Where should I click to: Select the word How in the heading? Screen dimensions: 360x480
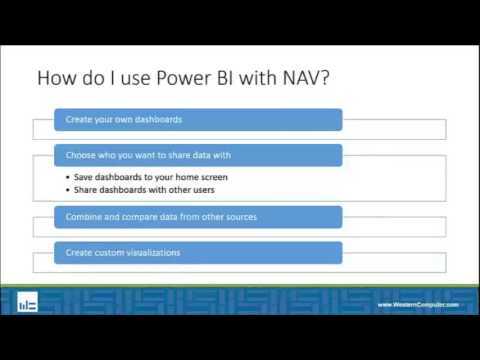click(x=56, y=79)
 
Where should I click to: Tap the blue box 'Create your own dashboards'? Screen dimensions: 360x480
click(x=197, y=120)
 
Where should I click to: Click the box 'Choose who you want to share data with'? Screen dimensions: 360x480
click(x=197, y=155)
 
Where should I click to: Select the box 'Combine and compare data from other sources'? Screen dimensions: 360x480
click(x=197, y=217)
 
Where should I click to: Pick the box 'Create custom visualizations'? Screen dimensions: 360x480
click(x=197, y=252)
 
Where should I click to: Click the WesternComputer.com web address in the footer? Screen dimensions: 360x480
click(x=417, y=304)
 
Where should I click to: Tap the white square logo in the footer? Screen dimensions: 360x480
click(x=29, y=301)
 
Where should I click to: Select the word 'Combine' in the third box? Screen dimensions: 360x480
click(x=83, y=217)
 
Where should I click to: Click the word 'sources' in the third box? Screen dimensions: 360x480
click(x=235, y=217)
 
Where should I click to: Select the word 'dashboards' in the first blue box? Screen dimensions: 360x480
click(x=154, y=120)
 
